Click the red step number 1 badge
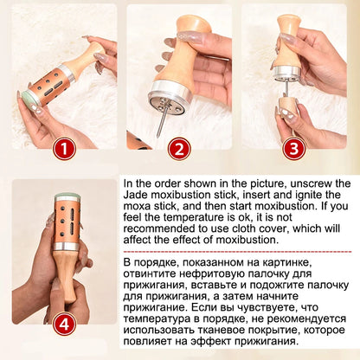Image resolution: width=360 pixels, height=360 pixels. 64,150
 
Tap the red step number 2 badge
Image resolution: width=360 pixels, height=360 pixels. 179,149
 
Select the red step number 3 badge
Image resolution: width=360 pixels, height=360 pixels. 294,149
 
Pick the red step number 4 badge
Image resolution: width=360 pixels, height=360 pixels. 64,324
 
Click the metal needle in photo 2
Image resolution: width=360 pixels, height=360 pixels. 162,118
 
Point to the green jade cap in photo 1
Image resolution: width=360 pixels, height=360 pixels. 29,99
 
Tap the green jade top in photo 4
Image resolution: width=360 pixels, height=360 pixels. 67,197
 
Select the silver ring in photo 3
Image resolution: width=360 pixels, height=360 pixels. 287,73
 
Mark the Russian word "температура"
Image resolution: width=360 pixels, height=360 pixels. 157,319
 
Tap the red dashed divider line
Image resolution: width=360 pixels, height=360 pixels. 237,252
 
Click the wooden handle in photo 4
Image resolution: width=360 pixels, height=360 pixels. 67,277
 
